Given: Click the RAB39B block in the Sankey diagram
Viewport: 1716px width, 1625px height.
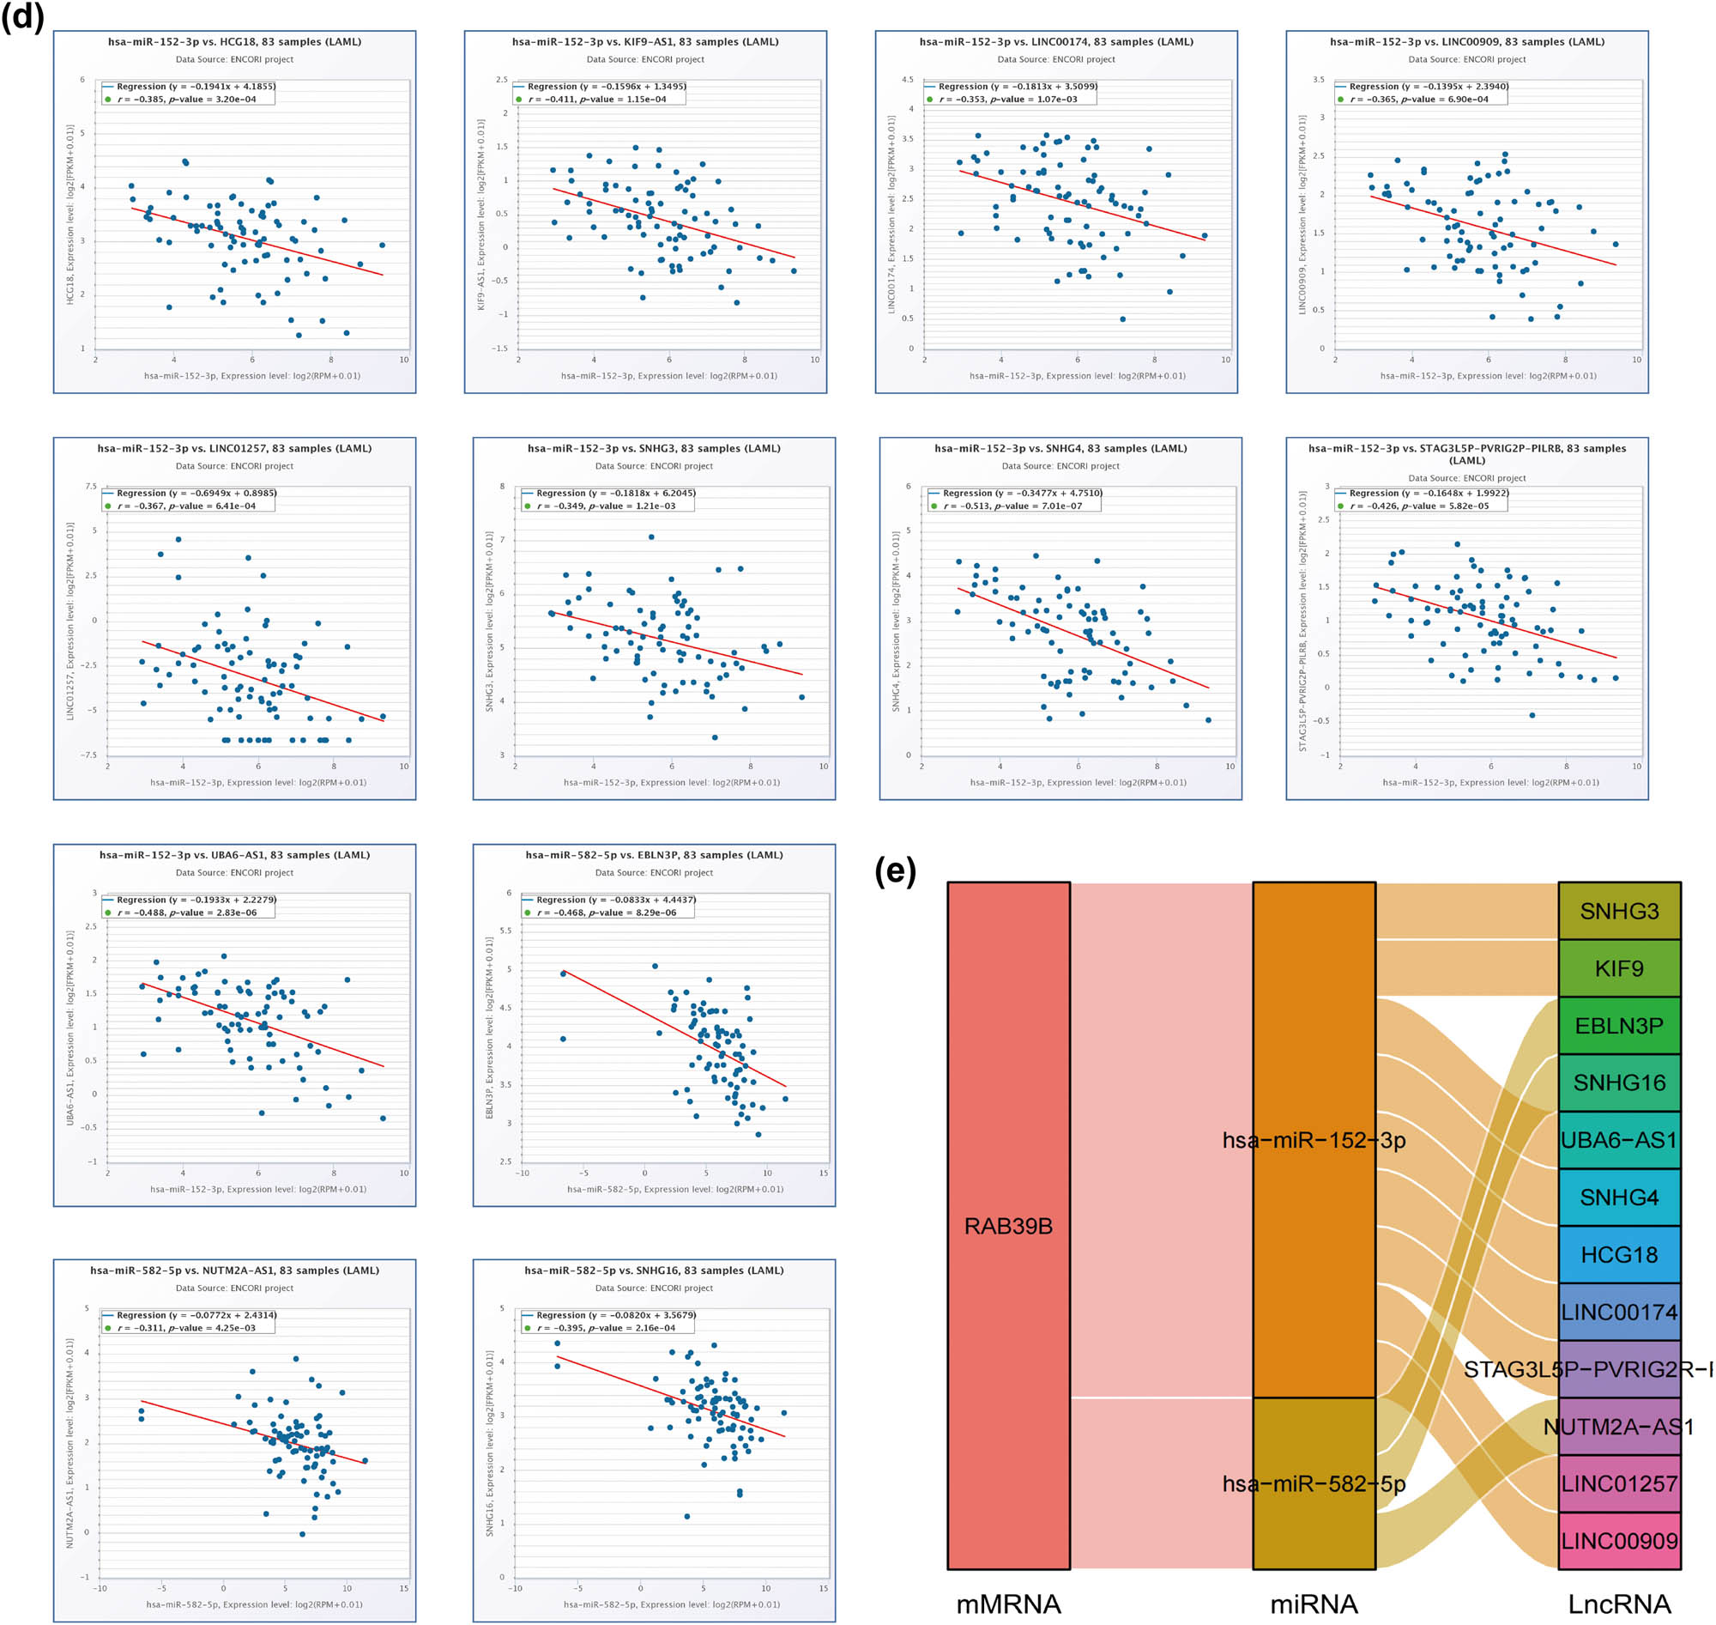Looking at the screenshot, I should [x=1008, y=1226].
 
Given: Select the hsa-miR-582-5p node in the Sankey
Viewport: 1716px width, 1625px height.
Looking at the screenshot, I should [x=1314, y=1484].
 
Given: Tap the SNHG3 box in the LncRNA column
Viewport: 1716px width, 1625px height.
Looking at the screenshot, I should [x=1618, y=912].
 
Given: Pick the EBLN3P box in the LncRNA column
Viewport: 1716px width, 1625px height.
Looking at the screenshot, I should [x=1618, y=1026].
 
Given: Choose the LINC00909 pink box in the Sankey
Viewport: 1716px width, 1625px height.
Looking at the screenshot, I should [x=1618, y=1541].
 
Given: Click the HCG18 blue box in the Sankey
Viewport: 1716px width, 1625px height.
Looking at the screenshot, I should [x=1618, y=1254].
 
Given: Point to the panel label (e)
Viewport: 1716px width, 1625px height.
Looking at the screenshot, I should [x=894, y=870].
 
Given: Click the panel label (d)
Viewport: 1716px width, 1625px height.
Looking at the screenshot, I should [x=22, y=15].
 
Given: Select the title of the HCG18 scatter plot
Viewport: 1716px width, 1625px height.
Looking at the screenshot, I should [x=234, y=41].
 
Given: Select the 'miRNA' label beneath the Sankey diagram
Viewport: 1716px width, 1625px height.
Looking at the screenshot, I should [x=1314, y=1604].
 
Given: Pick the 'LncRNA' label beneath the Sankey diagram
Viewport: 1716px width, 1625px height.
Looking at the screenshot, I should [x=1618, y=1604].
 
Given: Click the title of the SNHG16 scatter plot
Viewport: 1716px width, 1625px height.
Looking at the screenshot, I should [x=654, y=1270].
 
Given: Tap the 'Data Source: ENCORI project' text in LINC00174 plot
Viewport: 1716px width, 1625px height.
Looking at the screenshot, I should [x=1055, y=60].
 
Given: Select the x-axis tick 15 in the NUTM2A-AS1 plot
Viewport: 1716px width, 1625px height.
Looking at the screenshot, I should [x=403, y=1589].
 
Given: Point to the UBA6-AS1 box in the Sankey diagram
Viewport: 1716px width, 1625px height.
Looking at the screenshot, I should [x=1618, y=1140].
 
